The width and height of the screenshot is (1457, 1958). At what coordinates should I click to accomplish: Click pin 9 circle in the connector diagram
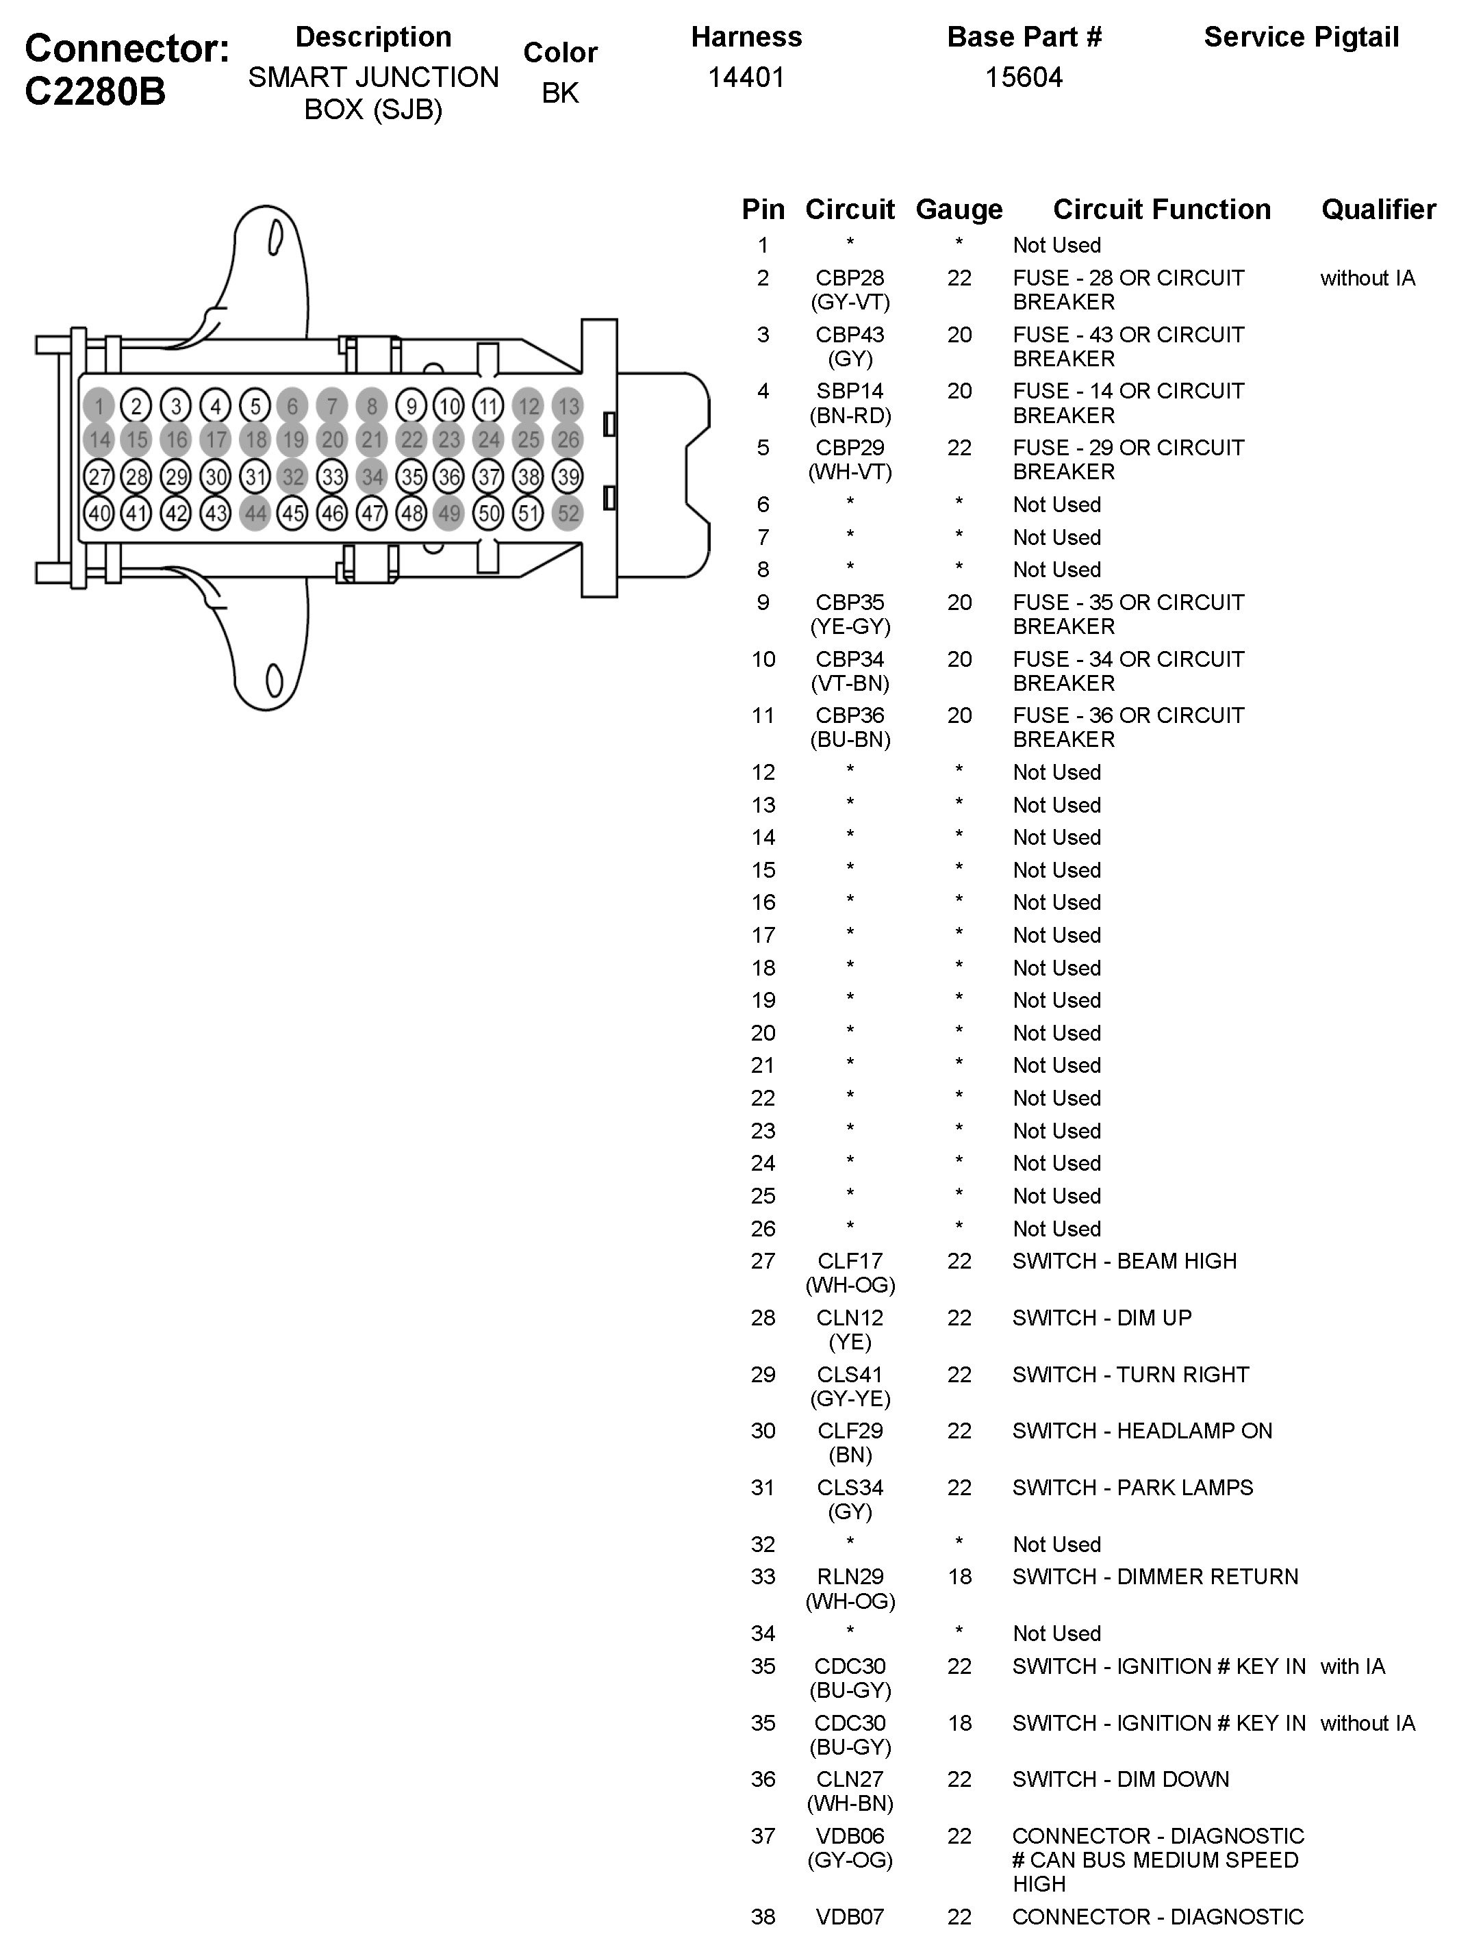[411, 407]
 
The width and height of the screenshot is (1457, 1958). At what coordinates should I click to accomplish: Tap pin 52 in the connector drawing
[568, 513]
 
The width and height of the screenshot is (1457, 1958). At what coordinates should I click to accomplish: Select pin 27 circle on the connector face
[99, 477]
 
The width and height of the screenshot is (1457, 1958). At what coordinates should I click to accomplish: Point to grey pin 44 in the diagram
[255, 513]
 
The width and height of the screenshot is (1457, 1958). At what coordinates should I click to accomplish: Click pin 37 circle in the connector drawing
[489, 477]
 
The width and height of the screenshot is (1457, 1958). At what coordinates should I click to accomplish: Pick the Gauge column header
[959, 210]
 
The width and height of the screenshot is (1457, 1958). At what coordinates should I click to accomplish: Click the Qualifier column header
[1378, 210]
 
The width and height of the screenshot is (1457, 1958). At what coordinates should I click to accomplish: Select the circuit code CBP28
[849, 279]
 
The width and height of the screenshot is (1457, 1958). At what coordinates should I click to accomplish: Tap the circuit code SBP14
[849, 391]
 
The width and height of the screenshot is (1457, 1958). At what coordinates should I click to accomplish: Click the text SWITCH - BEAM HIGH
[1124, 1261]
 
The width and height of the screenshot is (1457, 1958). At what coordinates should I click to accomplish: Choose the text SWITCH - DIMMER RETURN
[1154, 1576]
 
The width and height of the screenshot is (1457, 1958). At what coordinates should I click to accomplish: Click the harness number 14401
[746, 77]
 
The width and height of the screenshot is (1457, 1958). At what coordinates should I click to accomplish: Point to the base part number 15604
[1023, 77]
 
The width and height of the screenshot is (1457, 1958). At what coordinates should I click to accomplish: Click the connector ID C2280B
[95, 92]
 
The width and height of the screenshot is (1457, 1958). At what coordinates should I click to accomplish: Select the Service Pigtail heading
[1301, 37]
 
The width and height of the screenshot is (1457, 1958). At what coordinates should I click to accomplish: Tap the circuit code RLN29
[849, 1576]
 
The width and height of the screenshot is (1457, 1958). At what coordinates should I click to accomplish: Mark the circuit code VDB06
[849, 1836]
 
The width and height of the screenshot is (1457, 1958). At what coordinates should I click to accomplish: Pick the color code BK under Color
[560, 92]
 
